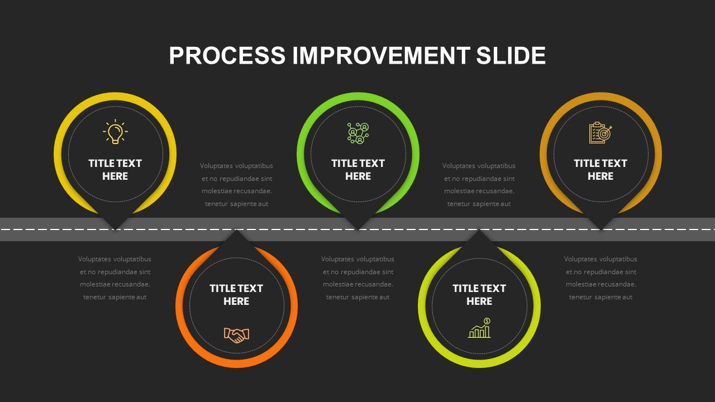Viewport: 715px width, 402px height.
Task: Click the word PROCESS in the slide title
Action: [x=227, y=55]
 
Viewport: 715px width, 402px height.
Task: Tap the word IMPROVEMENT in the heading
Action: [x=381, y=55]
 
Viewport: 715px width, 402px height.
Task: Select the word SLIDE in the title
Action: [x=511, y=55]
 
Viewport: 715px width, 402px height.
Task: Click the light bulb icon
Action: [x=115, y=131]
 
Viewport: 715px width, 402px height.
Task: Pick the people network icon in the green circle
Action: [x=358, y=133]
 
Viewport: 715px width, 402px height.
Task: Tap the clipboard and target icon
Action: [x=600, y=133]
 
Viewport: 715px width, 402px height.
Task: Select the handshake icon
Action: [x=236, y=335]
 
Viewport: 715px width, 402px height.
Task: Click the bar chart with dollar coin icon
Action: [x=479, y=328]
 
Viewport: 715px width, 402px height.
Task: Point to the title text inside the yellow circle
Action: [x=115, y=170]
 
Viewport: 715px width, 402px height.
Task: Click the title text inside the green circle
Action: [x=358, y=170]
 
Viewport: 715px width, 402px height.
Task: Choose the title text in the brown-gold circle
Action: [x=600, y=170]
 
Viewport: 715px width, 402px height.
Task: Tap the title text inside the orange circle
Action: [x=236, y=295]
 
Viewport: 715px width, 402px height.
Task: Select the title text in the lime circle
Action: [x=479, y=295]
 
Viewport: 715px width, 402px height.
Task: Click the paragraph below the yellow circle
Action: [x=115, y=278]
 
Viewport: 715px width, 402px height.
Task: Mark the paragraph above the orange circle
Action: [x=236, y=185]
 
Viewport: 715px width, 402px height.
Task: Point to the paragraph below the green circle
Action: [x=358, y=278]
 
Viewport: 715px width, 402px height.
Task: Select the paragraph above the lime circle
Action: [x=479, y=185]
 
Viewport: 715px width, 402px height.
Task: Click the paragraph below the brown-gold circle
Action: [x=600, y=278]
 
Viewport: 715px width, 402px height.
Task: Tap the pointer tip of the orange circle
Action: [x=236, y=230]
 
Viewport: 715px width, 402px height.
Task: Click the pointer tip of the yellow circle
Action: [x=115, y=229]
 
